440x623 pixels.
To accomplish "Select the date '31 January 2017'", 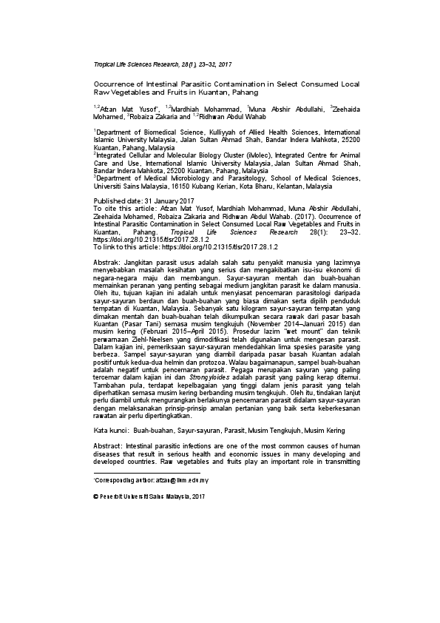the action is coord(163,201).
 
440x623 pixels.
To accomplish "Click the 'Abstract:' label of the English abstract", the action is coord(108,447).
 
